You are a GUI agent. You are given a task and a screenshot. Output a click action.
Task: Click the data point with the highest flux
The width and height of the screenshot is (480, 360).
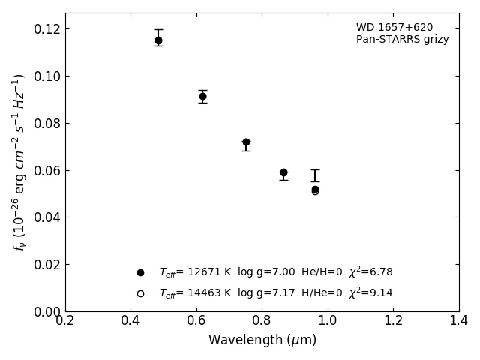(x=158, y=40)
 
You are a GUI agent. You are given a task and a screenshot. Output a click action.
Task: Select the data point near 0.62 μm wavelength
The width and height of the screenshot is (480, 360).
(x=202, y=96)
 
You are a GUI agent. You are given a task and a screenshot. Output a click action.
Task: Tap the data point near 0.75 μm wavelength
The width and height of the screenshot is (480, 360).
(x=246, y=142)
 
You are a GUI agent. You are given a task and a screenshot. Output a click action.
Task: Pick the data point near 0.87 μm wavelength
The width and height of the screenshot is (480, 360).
(x=283, y=172)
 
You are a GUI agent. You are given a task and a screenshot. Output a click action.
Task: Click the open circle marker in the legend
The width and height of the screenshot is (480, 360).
(x=140, y=293)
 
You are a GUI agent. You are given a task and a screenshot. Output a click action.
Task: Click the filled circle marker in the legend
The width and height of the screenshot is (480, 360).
(x=140, y=272)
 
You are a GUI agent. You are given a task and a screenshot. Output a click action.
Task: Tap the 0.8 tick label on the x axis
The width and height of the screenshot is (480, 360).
(x=262, y=321)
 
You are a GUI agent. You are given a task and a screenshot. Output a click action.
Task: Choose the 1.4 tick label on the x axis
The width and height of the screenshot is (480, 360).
(x=458, y=321)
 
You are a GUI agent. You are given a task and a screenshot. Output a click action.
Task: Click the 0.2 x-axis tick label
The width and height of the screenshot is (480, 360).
(x=65, y=321)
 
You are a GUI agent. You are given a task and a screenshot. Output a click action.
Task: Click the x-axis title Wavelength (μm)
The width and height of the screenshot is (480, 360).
(x=262, y=340)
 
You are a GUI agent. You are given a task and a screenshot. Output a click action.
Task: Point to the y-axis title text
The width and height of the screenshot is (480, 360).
(x=19, y=161)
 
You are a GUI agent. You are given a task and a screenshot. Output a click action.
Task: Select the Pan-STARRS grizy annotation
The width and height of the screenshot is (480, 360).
(x=402, y=40)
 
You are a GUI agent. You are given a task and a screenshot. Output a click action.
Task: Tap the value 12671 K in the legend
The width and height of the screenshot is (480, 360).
(x=208, y=272)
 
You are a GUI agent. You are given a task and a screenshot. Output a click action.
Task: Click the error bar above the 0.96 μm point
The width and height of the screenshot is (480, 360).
(x=315, y=175)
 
